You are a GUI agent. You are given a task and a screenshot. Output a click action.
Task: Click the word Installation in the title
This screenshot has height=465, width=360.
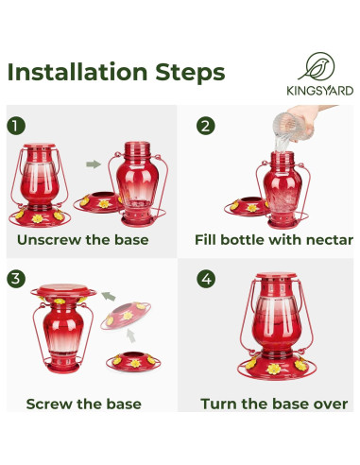(77, 72)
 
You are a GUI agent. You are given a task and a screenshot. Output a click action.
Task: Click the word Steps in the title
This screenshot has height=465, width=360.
(190, 73)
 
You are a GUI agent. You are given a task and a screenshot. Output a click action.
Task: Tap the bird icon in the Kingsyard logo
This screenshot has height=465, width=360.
(317, 66)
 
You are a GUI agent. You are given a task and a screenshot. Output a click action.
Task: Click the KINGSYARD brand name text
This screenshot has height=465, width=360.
(319, 91)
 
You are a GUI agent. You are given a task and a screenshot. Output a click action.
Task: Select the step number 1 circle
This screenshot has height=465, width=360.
(16, 126)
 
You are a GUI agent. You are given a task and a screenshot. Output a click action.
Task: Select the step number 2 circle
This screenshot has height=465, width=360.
(206, 126)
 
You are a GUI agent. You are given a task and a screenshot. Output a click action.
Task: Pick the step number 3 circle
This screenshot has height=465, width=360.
(16, 279)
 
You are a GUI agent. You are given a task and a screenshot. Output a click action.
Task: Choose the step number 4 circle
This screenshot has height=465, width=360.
(206, 279)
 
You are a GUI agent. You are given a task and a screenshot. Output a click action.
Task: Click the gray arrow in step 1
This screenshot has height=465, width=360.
(94, 164)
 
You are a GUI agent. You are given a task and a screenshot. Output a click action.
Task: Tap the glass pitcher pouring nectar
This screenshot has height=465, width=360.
(289, 128)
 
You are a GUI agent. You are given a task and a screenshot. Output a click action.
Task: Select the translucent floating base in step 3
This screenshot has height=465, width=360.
(126, 316)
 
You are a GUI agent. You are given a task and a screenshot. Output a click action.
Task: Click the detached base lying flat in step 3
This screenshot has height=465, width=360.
(133, 361)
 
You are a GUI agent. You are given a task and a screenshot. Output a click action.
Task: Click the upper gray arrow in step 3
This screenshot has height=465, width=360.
(109, 296)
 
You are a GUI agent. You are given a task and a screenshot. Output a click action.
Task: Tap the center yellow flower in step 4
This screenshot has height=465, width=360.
(273, 369)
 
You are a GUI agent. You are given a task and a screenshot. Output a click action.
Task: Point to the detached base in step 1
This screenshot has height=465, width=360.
(98, 202)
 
